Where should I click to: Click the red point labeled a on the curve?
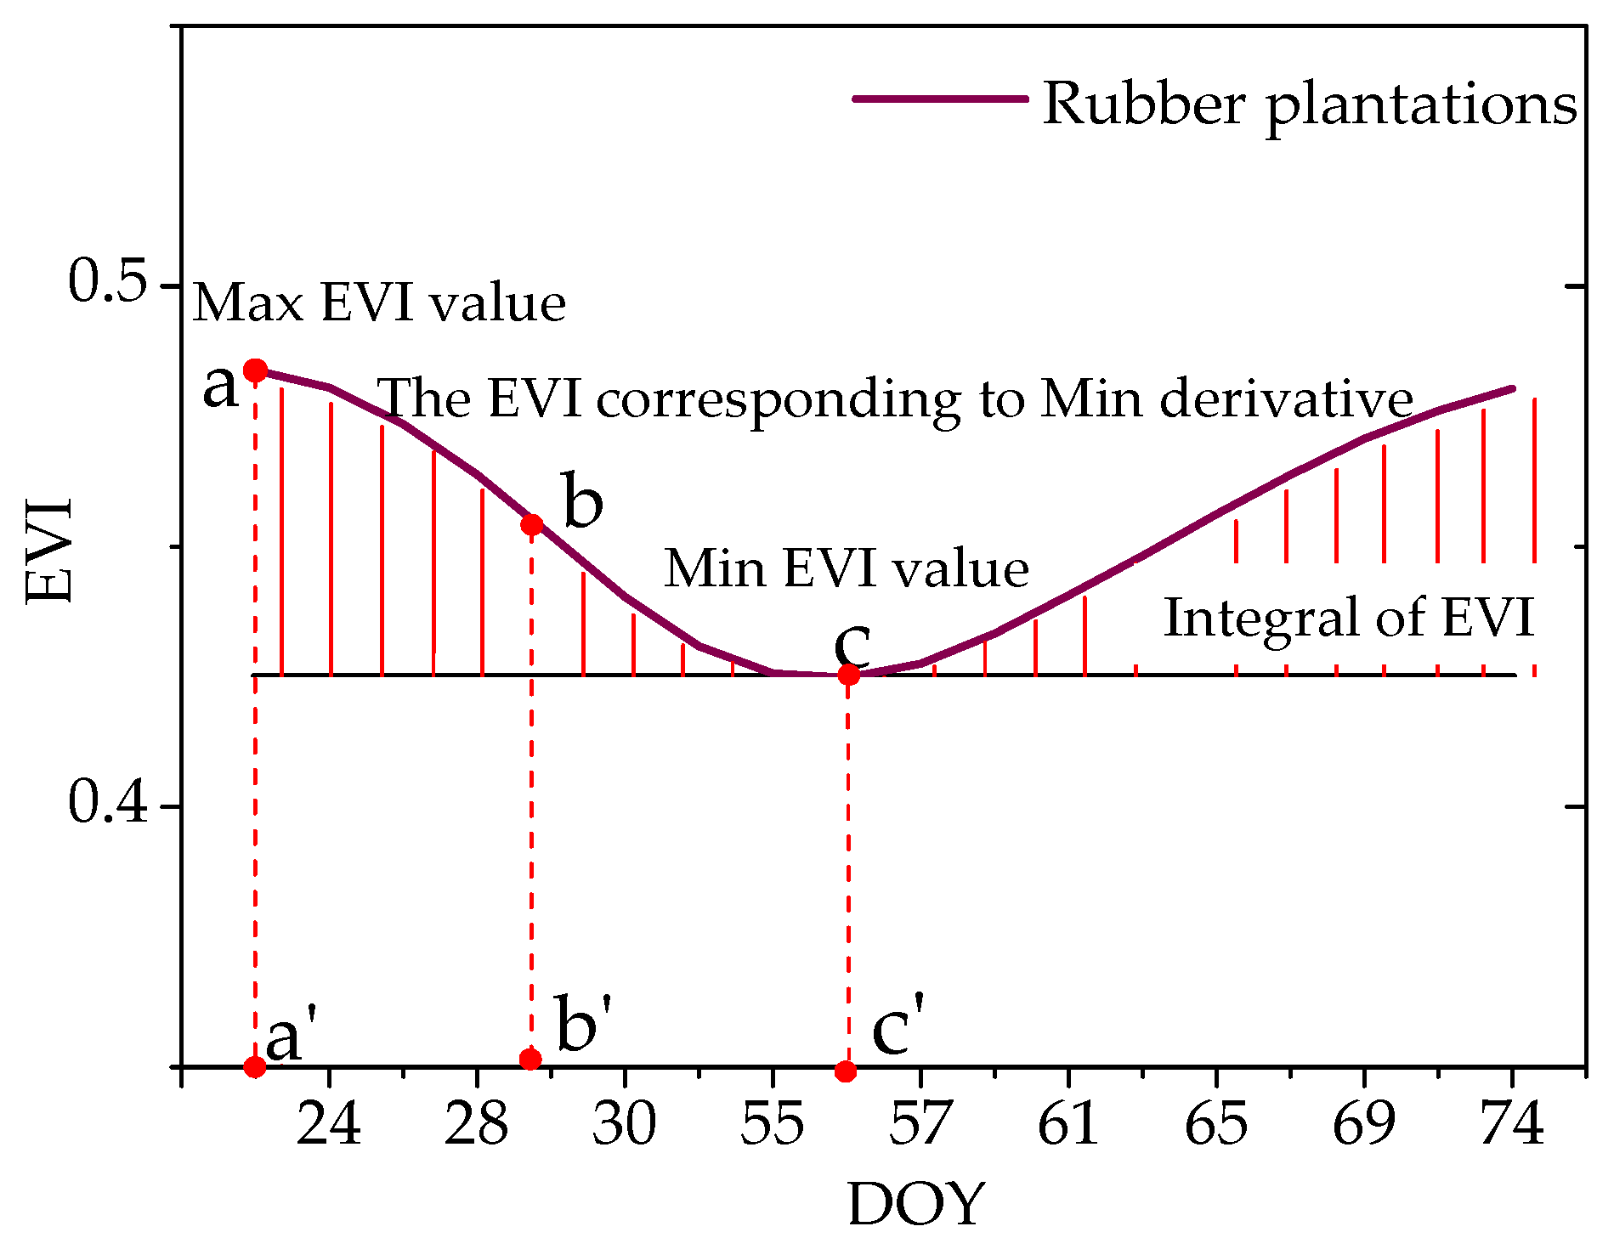[256, 370]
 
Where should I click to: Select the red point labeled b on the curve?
[532, 524]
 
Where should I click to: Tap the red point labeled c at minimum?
[848, 675]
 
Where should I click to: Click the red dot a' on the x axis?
[254, 1066]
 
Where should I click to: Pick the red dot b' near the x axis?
[530, 1059]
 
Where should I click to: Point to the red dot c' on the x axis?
[845, 1071]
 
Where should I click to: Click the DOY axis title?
[916, 1204]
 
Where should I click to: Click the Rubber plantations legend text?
[1310, 105]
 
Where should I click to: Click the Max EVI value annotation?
[379, 303]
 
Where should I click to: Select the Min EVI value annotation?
[847, 568]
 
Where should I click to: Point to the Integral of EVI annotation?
[1348, 618]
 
